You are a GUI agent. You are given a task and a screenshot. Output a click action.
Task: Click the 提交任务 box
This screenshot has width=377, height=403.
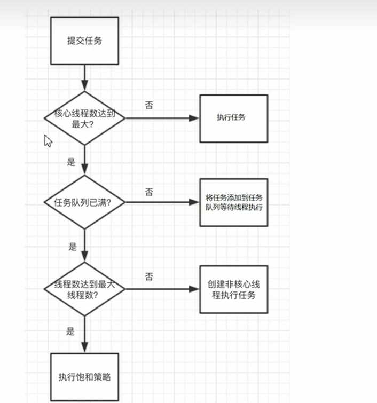[84, 41]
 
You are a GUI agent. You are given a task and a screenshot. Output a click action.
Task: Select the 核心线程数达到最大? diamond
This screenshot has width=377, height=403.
[84, 118]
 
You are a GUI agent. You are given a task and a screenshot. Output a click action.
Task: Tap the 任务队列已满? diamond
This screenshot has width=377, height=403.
[84, 202]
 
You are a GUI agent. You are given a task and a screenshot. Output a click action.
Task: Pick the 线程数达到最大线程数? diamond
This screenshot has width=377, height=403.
[84, 289]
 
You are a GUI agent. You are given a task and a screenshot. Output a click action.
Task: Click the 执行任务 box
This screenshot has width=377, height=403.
[233, 118]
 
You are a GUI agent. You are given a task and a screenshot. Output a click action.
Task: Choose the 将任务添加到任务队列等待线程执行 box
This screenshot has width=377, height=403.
[233, 202]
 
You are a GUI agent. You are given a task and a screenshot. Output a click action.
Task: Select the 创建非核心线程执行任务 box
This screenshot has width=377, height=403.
[233, 289]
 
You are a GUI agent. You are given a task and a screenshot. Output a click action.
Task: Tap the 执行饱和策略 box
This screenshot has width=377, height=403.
[84, 377]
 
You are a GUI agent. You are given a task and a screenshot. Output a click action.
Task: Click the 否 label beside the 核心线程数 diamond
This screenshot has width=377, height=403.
[149, 105]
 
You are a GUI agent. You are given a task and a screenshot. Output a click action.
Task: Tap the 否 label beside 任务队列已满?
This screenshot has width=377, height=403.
[149, 191]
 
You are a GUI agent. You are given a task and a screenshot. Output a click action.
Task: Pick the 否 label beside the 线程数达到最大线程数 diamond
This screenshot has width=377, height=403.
[149, 276]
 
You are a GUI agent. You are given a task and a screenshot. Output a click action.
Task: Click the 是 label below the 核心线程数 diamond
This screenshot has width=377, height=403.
[72, 162]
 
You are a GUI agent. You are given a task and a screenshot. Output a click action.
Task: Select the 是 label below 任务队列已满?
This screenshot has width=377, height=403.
[73, 247]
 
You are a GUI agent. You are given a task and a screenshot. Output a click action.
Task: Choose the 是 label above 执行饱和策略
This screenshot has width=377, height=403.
[70, 331]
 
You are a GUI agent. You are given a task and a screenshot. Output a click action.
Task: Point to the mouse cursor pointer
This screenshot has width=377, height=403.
[47, 140]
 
